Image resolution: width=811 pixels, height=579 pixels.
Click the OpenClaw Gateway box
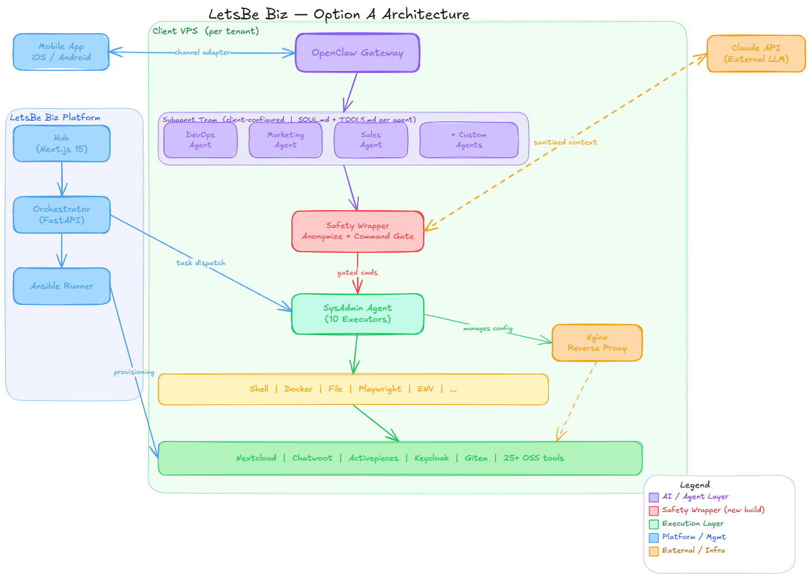tap(358, 53)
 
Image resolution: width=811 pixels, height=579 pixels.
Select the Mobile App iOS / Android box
tap(61, 52)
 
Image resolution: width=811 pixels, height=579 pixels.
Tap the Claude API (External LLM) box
tap(756, 53)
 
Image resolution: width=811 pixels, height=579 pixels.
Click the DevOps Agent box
tap(200, 140)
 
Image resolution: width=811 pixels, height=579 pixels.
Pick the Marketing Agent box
tap(286, 140)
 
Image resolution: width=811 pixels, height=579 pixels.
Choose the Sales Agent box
tap(371, 140)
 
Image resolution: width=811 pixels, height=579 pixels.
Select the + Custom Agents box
tap(469, 140)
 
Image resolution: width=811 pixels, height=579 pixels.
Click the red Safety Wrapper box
tap(358, 231)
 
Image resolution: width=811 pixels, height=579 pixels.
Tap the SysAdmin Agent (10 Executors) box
tap(358, 313)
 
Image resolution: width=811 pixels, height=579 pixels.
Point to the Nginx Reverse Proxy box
tap(597, 343)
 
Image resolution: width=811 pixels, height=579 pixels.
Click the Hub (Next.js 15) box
tap(62, 143)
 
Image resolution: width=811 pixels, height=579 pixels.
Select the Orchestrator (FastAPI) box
tap(62, 215)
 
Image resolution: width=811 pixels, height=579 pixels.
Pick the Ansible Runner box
tap(62, 286)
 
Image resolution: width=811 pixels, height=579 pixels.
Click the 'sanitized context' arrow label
tap(565, 143)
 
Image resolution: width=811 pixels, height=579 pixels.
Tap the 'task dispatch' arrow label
tap(201, 263)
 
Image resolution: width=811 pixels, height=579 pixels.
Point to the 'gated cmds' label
tap(358, 273)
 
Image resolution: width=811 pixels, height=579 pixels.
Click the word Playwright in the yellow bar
tap(380, 389)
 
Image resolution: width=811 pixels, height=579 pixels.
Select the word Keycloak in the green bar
tap(432, 458)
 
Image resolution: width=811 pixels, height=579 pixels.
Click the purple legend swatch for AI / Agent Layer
tap(654, 497)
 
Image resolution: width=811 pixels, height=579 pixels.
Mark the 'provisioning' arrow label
tap(134, 372)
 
